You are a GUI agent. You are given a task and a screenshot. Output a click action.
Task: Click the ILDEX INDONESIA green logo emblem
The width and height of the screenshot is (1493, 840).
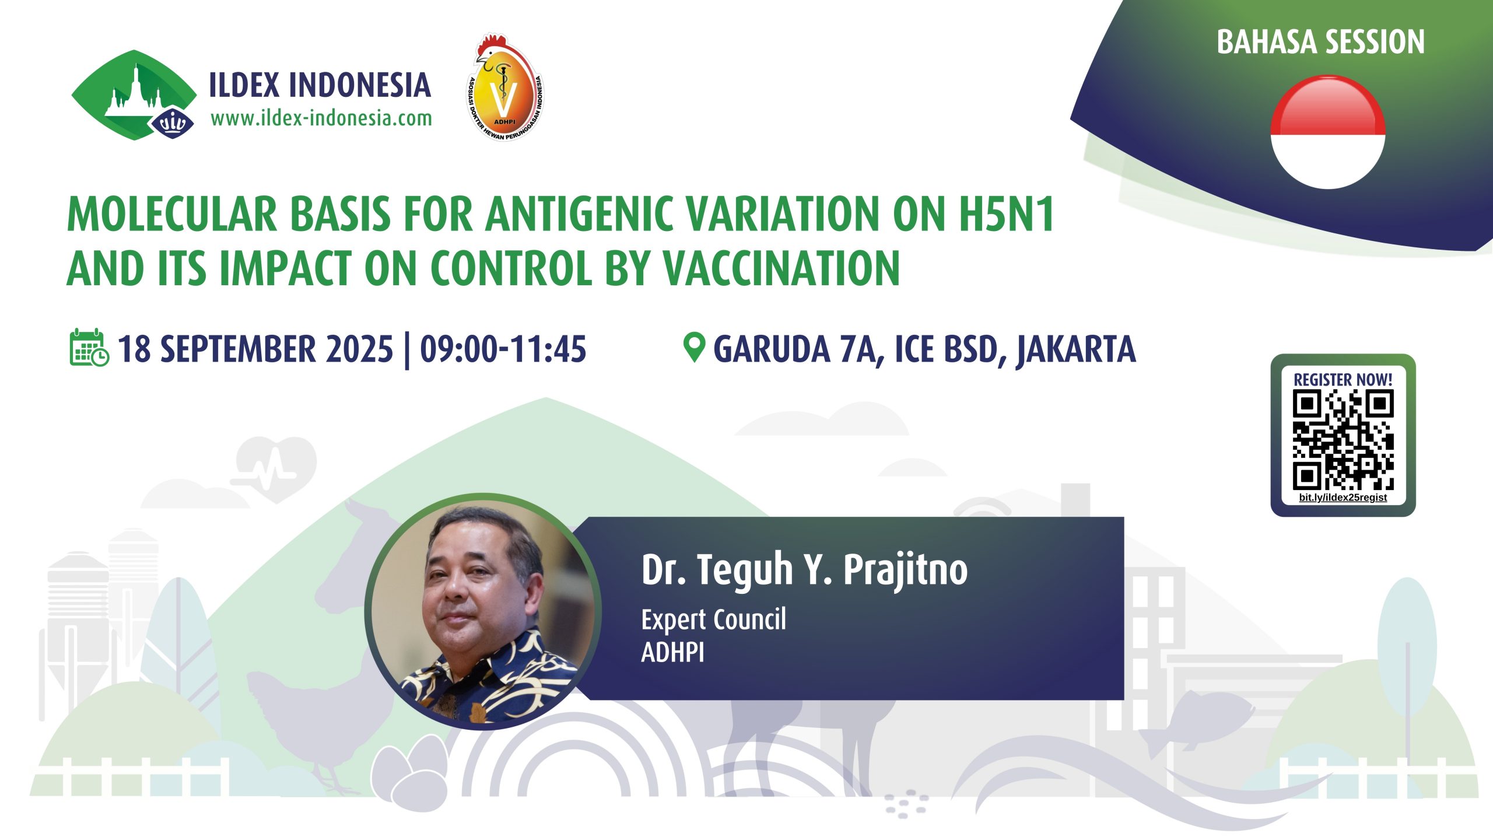134,95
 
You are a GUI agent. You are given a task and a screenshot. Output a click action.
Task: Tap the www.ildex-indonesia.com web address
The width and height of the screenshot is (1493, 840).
321,118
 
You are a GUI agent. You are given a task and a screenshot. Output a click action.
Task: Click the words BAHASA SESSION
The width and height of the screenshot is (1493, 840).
1320,42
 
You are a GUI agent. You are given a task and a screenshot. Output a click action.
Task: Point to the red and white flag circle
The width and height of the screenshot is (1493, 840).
1328,132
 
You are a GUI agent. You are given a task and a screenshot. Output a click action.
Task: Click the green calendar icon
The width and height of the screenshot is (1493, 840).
89,348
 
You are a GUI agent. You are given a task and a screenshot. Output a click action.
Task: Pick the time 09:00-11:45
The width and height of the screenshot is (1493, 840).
503,349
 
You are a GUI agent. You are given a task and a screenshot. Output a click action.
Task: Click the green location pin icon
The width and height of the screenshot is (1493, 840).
694,348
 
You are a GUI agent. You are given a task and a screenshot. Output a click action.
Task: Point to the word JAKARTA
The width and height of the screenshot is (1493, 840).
1077,350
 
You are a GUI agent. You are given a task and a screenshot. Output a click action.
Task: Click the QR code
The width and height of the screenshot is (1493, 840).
1343,440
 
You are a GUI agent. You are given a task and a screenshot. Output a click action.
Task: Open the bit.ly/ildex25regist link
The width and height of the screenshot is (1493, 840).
1343,498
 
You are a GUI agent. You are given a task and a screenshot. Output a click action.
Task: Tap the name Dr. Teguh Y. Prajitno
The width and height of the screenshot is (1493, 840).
805,569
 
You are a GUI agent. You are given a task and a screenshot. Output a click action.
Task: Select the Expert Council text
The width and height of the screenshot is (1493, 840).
714,619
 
